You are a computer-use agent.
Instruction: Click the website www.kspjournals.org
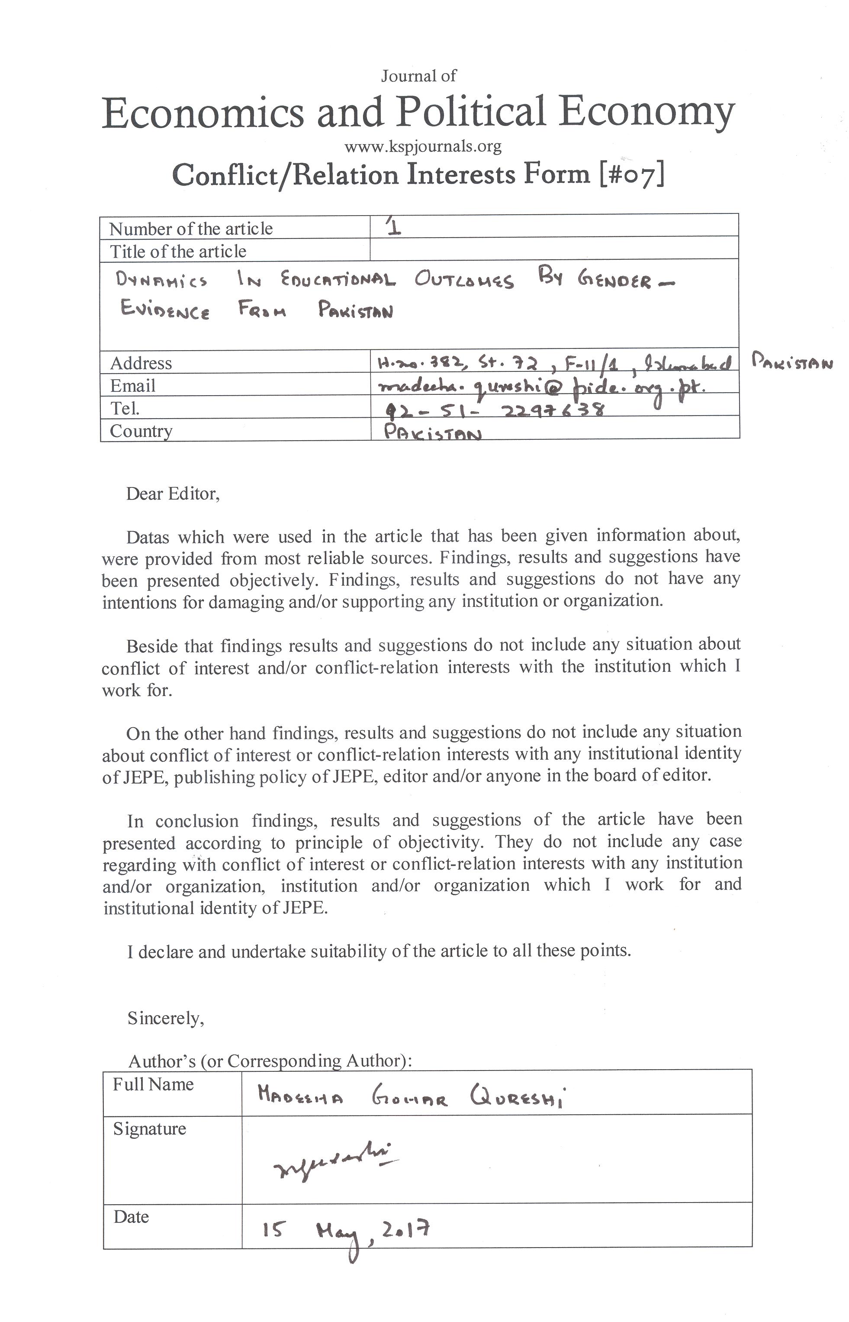coord(423,146)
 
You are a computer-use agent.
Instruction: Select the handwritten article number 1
coord(394,226)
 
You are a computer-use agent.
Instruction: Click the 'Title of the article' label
coord(177,252)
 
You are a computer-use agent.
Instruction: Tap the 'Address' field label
coord(141,363)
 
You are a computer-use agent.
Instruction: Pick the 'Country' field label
coord(141,431)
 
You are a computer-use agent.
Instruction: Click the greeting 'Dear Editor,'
coord(173,493)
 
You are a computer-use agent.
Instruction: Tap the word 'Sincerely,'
coord(165,1018)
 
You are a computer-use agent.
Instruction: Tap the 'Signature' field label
coord(149,1129)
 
